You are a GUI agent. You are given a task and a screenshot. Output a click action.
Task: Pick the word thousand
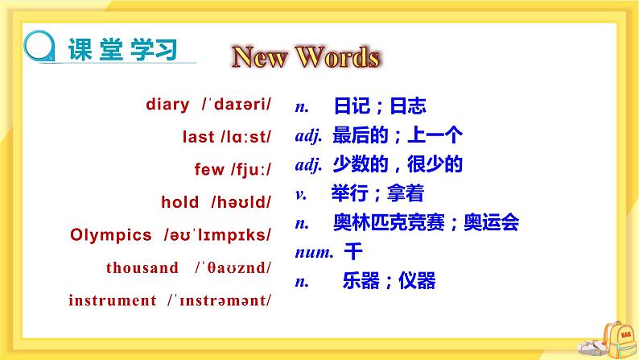pos(142,268)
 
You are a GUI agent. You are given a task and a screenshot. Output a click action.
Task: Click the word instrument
pos(113,301)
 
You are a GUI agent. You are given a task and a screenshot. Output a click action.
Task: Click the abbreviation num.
pos(314,252)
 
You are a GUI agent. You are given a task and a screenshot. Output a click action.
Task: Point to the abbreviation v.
pos(300,193)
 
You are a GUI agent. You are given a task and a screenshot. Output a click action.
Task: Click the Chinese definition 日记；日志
pos(378,106)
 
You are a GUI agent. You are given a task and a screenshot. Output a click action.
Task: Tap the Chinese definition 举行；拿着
pos(377,193)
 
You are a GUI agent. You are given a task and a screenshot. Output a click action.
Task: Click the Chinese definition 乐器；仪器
pos(389,281)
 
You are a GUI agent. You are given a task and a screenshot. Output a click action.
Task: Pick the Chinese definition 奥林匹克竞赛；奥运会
pos(426,222)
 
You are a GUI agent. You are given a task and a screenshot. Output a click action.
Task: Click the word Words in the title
pos(337,57)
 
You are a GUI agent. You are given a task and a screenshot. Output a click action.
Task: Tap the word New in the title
pos(259,57)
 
